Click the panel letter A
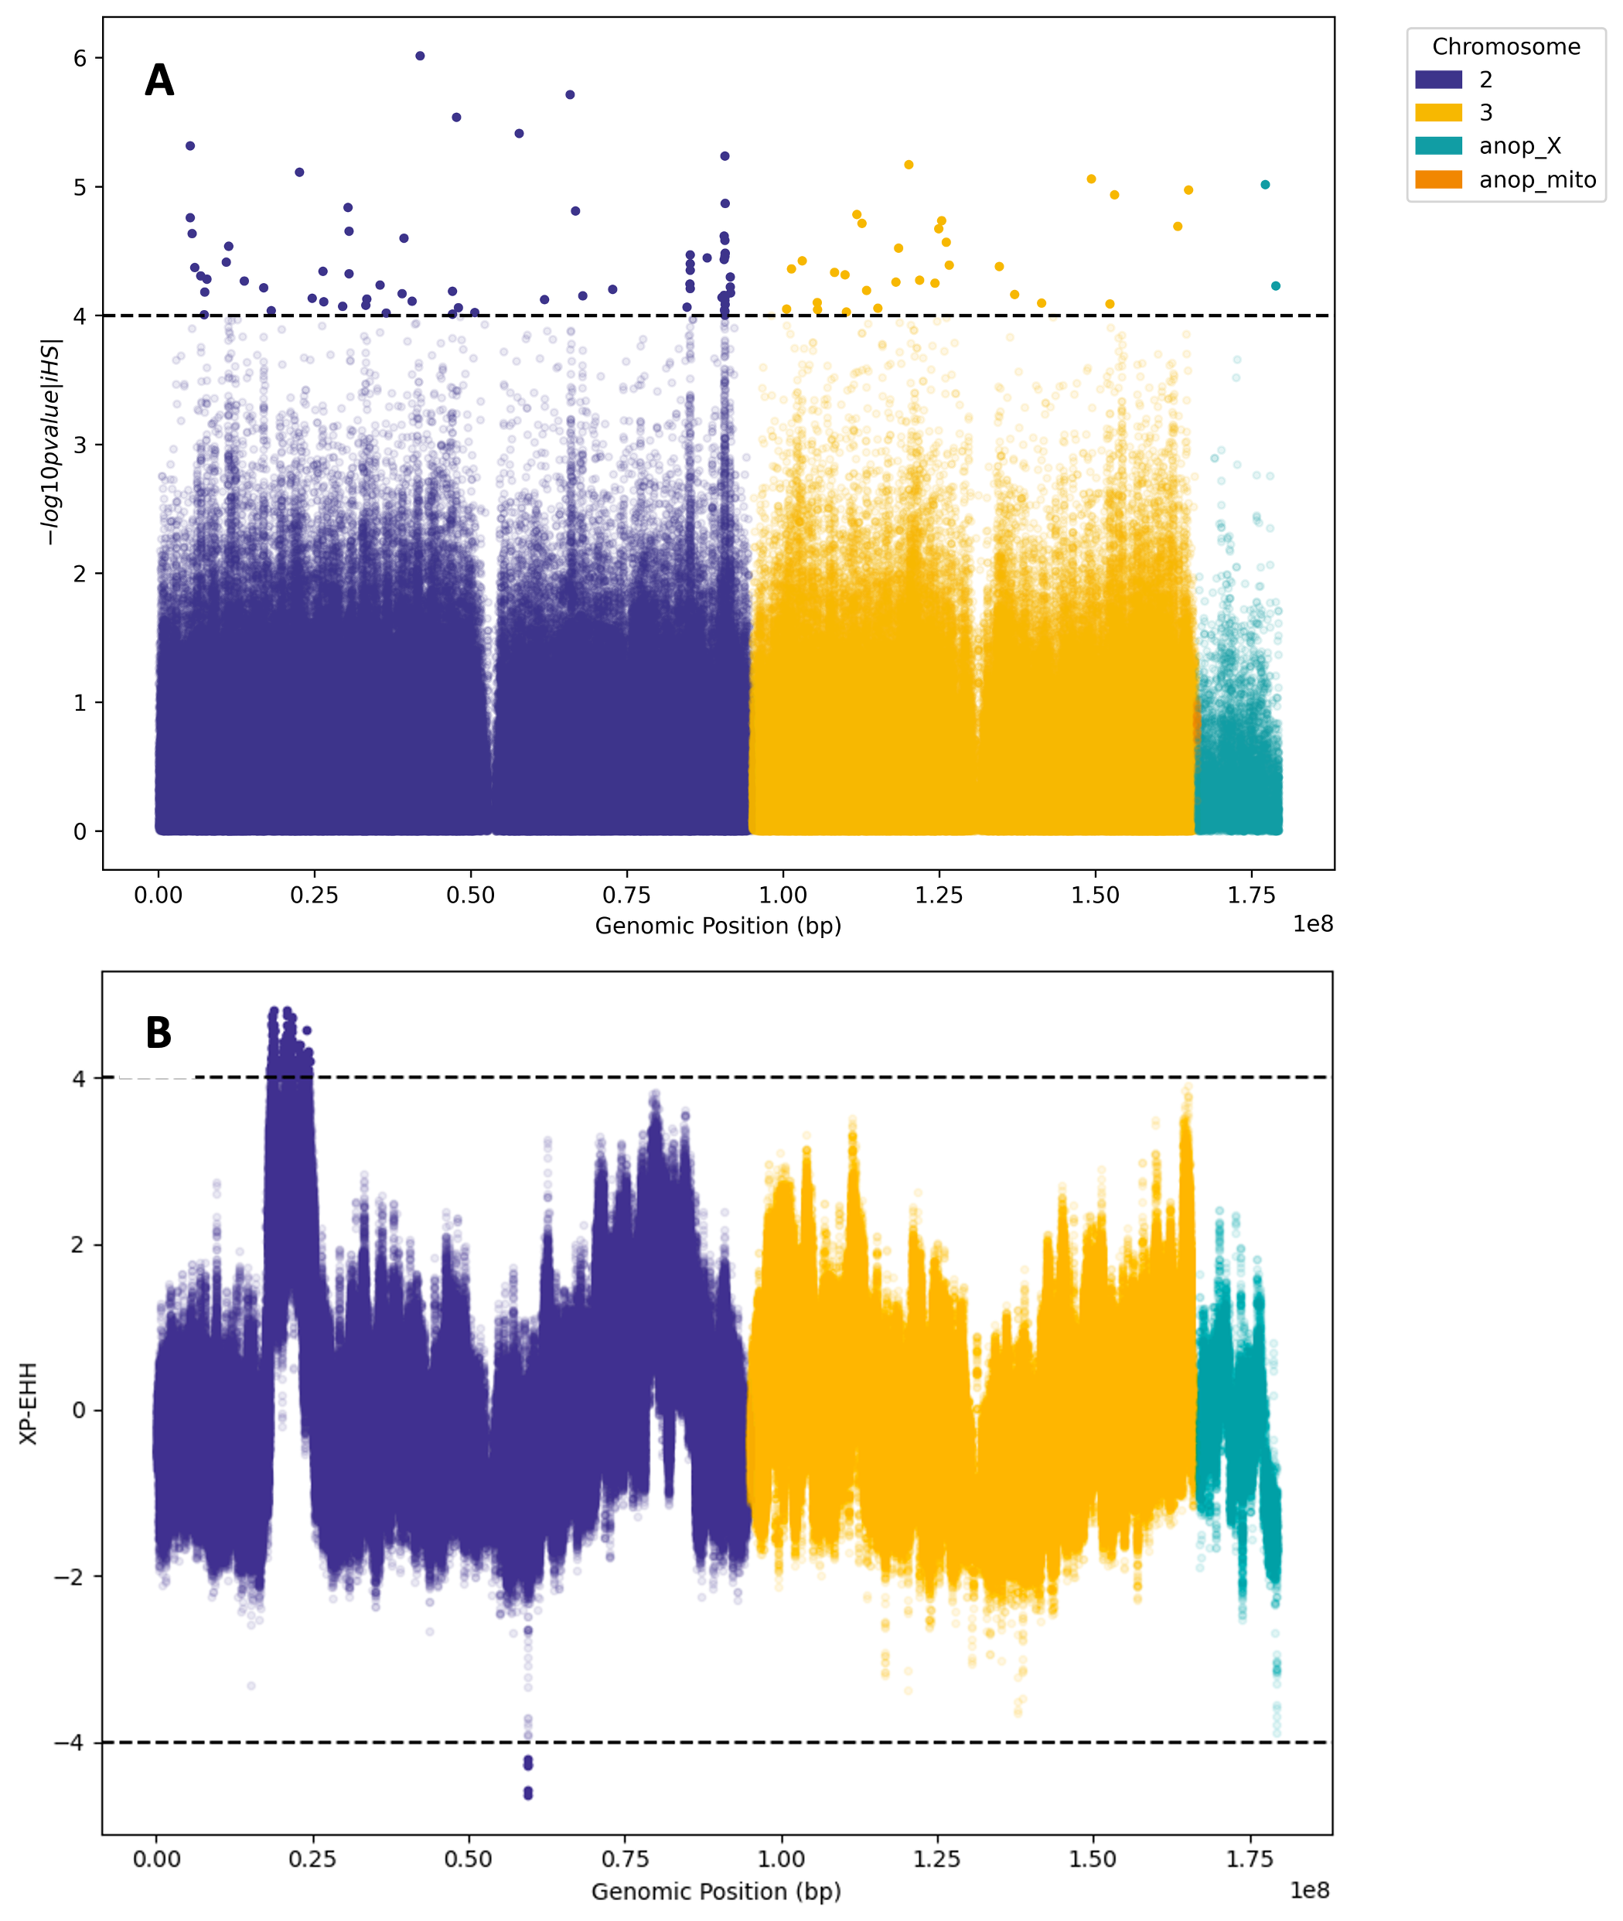point(159,81)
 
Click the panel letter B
point(159,1032)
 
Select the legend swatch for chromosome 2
point(1438,80)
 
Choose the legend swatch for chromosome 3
point(1438,113)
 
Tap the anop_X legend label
point(1519,146)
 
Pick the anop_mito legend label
point(1536,180)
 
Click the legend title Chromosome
point(1505,47)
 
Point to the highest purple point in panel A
point(421,56)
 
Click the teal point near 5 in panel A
point(1265,185)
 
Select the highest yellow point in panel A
point(909,165)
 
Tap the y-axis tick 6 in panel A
point(80,59)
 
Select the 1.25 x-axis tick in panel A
point(939,896)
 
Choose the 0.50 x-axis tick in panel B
point(469,1858)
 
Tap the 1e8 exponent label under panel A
point(1313,923)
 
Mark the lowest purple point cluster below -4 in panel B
point(528,1792)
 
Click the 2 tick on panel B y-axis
point(79,1245)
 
